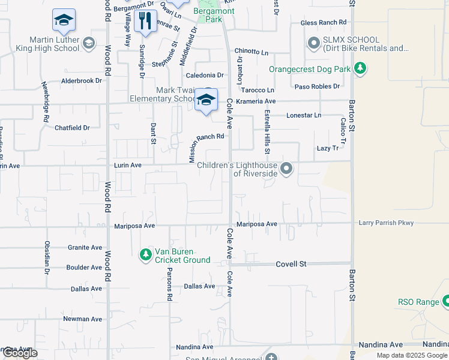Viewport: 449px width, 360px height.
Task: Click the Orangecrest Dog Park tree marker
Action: click(x=360, y=68)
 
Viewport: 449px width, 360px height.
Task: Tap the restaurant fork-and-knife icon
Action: click(x=144, y=22)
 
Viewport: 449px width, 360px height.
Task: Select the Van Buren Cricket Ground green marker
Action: click(x=145, y=255)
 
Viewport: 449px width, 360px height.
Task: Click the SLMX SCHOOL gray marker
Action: click(x=313, y=43)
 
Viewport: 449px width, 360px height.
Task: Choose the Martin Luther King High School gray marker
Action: click(x=89, y=43)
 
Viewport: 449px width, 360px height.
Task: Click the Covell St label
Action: click(x=291, y=264)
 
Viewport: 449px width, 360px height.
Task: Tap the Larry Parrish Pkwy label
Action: click(x=386, y=223)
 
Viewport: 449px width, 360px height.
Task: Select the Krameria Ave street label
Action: click(x=255, y=101)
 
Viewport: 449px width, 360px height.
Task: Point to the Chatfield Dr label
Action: click(x=72, y=128)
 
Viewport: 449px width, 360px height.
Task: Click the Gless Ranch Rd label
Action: click(x=324, y=23)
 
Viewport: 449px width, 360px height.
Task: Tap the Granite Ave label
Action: click(x=85, y=247)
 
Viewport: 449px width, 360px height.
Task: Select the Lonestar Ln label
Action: click(x=304, y=115)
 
